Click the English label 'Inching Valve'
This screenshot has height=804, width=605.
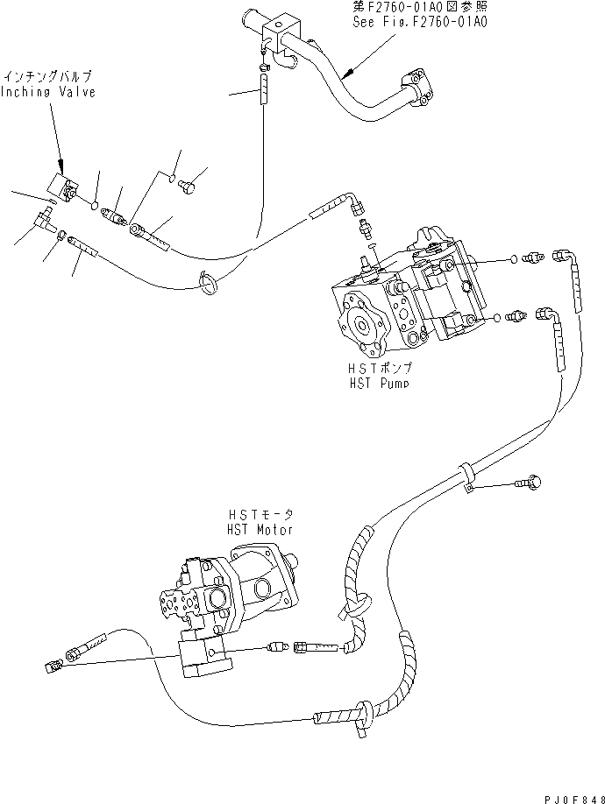tap(47, 92)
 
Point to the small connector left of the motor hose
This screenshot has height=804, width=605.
tap(52, 667)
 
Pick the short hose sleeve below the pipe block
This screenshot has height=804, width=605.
tap(262, 90)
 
